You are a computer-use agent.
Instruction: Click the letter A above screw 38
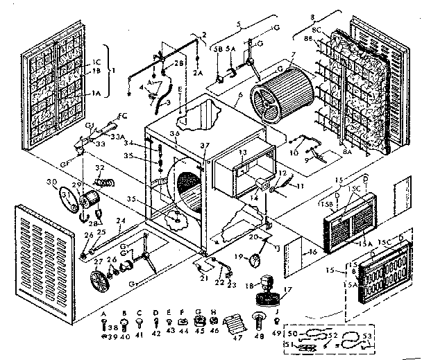(x=103, y=312)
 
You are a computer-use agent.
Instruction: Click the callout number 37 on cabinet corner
(x=203, y=146)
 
